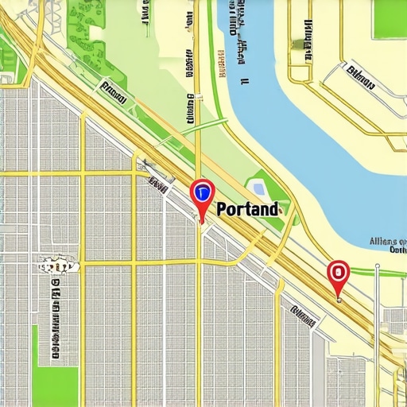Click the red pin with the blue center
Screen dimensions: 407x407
(202, 192)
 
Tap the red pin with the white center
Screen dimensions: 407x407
(339, 273)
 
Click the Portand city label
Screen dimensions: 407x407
(248, 210)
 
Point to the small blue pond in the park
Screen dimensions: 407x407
(258, 188)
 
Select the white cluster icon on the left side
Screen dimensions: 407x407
(57, 264)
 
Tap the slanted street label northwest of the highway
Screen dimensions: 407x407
(114, 92)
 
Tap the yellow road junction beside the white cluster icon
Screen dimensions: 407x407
(83, 263)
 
